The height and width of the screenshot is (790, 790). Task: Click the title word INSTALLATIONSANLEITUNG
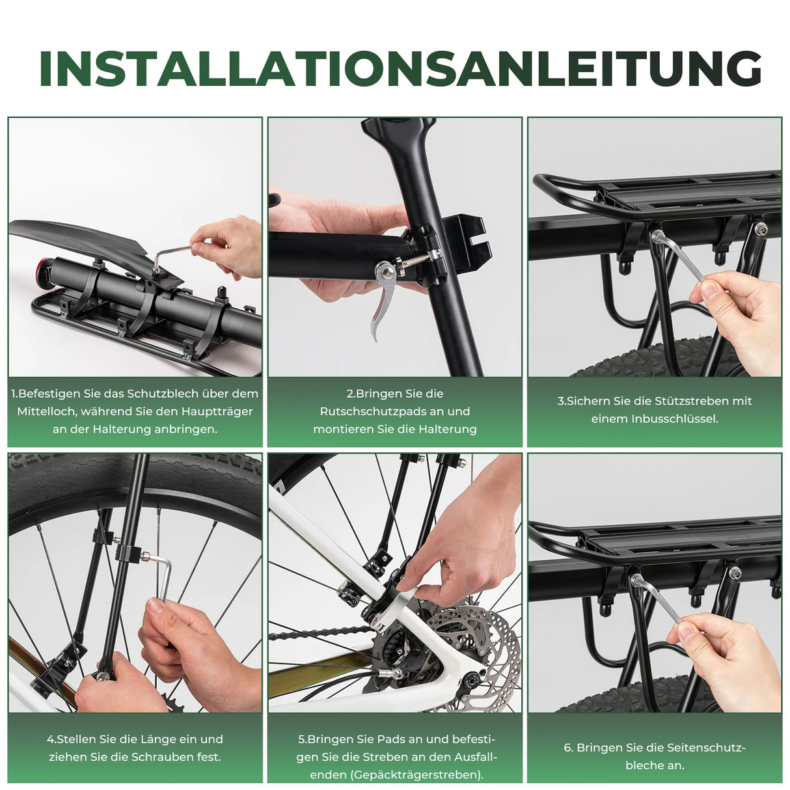click(400, 68)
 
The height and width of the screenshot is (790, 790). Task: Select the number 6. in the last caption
click(569, 748)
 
